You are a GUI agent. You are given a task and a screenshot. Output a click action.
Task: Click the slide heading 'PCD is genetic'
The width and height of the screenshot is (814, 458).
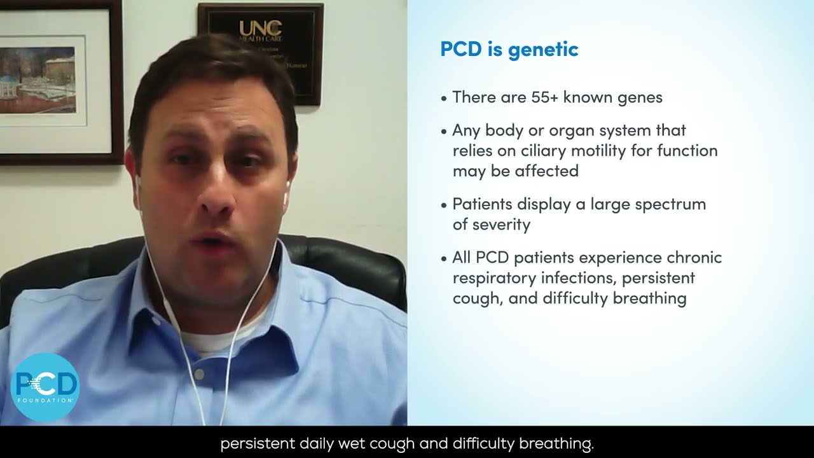tap(509, 50)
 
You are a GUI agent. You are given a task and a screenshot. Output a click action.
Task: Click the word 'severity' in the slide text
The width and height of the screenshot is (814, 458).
tap(500, 225)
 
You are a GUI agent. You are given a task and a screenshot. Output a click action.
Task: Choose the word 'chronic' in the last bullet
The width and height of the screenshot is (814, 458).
tap(694, 258)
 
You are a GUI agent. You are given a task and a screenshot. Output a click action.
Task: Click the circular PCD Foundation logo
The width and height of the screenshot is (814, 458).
tap(45, 387)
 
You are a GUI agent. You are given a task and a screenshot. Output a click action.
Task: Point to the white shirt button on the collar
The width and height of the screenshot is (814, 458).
tap(200, 375)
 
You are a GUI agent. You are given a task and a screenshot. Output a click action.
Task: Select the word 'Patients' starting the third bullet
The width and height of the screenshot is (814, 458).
tap(481, 205)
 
